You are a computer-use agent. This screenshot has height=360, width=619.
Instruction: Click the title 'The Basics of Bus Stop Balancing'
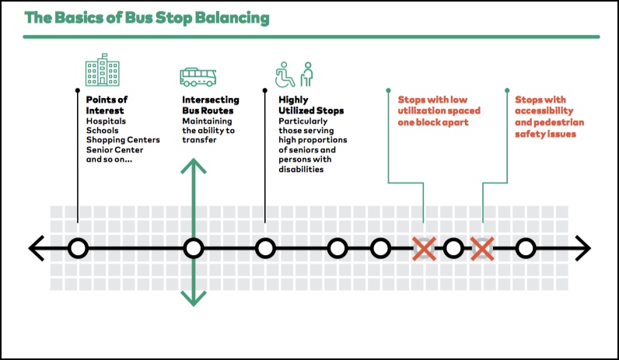tap(147, 18)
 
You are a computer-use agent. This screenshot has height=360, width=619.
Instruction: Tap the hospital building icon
tap(103, 70)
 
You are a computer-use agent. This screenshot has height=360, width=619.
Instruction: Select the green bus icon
tap(198, 77)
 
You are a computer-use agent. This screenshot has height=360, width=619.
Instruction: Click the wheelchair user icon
tap(285, 74)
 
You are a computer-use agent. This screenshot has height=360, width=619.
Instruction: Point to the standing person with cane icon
tap(306, 74)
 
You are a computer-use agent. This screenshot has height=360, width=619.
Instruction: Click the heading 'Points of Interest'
tap(107, 105)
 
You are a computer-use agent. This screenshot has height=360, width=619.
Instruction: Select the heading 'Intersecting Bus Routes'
tap(211, 105)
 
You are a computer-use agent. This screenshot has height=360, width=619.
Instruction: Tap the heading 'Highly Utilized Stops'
tap(311, 105)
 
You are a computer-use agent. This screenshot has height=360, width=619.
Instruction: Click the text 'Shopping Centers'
tap(123, 140)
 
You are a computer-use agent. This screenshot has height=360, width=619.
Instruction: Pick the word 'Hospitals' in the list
tap(106, 121)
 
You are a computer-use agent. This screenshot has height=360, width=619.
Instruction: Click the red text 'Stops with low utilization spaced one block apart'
tap(439, 111)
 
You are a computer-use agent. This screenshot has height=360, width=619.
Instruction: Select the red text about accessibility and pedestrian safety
tap(549, 117)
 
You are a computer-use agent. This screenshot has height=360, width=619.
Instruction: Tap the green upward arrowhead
tap(194, 166)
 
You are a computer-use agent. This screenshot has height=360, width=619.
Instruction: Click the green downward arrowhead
tap(194, 299)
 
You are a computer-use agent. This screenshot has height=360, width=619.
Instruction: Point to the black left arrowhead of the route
tap(37, 248)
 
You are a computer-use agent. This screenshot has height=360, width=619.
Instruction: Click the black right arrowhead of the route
tap(583, 248)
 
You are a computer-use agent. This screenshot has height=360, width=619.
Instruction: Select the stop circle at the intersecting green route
tap(194, 249)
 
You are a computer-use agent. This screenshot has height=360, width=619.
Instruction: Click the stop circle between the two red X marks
tap(453, 249)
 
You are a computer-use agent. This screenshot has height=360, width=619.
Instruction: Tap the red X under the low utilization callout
tap(424, 249)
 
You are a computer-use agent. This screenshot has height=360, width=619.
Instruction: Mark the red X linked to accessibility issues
tap(482, 249)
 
